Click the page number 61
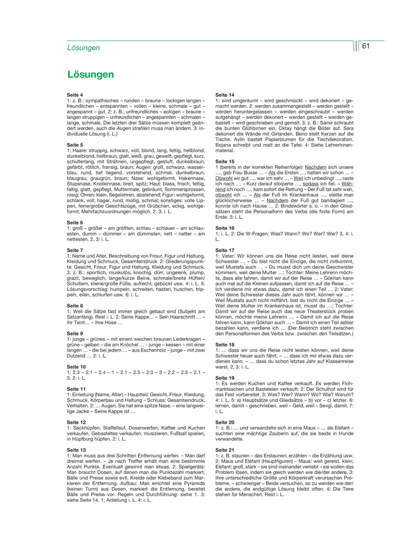pos(365,46)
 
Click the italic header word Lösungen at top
pos(84,48)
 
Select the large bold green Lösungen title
pos(91,74)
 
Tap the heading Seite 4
pos(75,95)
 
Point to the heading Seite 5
pos(75,145)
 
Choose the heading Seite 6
pos(75,223)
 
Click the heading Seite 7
pos(75,250)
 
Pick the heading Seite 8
pos(75,305)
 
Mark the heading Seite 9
pos(75,333)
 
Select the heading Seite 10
pos(76,366)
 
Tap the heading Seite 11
pos(76,389)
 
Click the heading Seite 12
pos(76,422)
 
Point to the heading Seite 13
pos(76,449)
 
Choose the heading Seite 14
pos(224,95)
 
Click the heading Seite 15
pos(224,162)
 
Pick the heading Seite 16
pos(224,228)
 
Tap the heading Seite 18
pos(224,344)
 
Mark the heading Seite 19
pos(224,378)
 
